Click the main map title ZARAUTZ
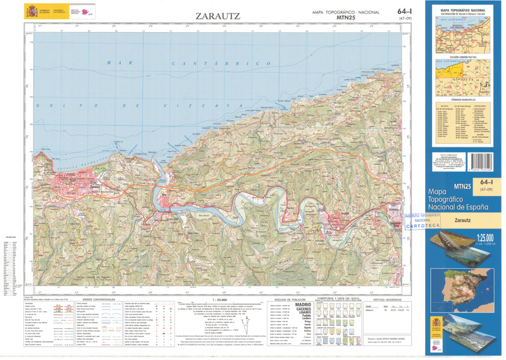pyautogui.click(x=218, y=15)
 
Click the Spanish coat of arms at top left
pyautogui.click(x=31, y=11)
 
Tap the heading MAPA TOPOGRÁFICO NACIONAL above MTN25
pyautogui.click(x=345, y=12)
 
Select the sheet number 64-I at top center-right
pyautogui.click(x=406, y=11)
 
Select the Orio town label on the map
pyautogui.click(x=164, y=194)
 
